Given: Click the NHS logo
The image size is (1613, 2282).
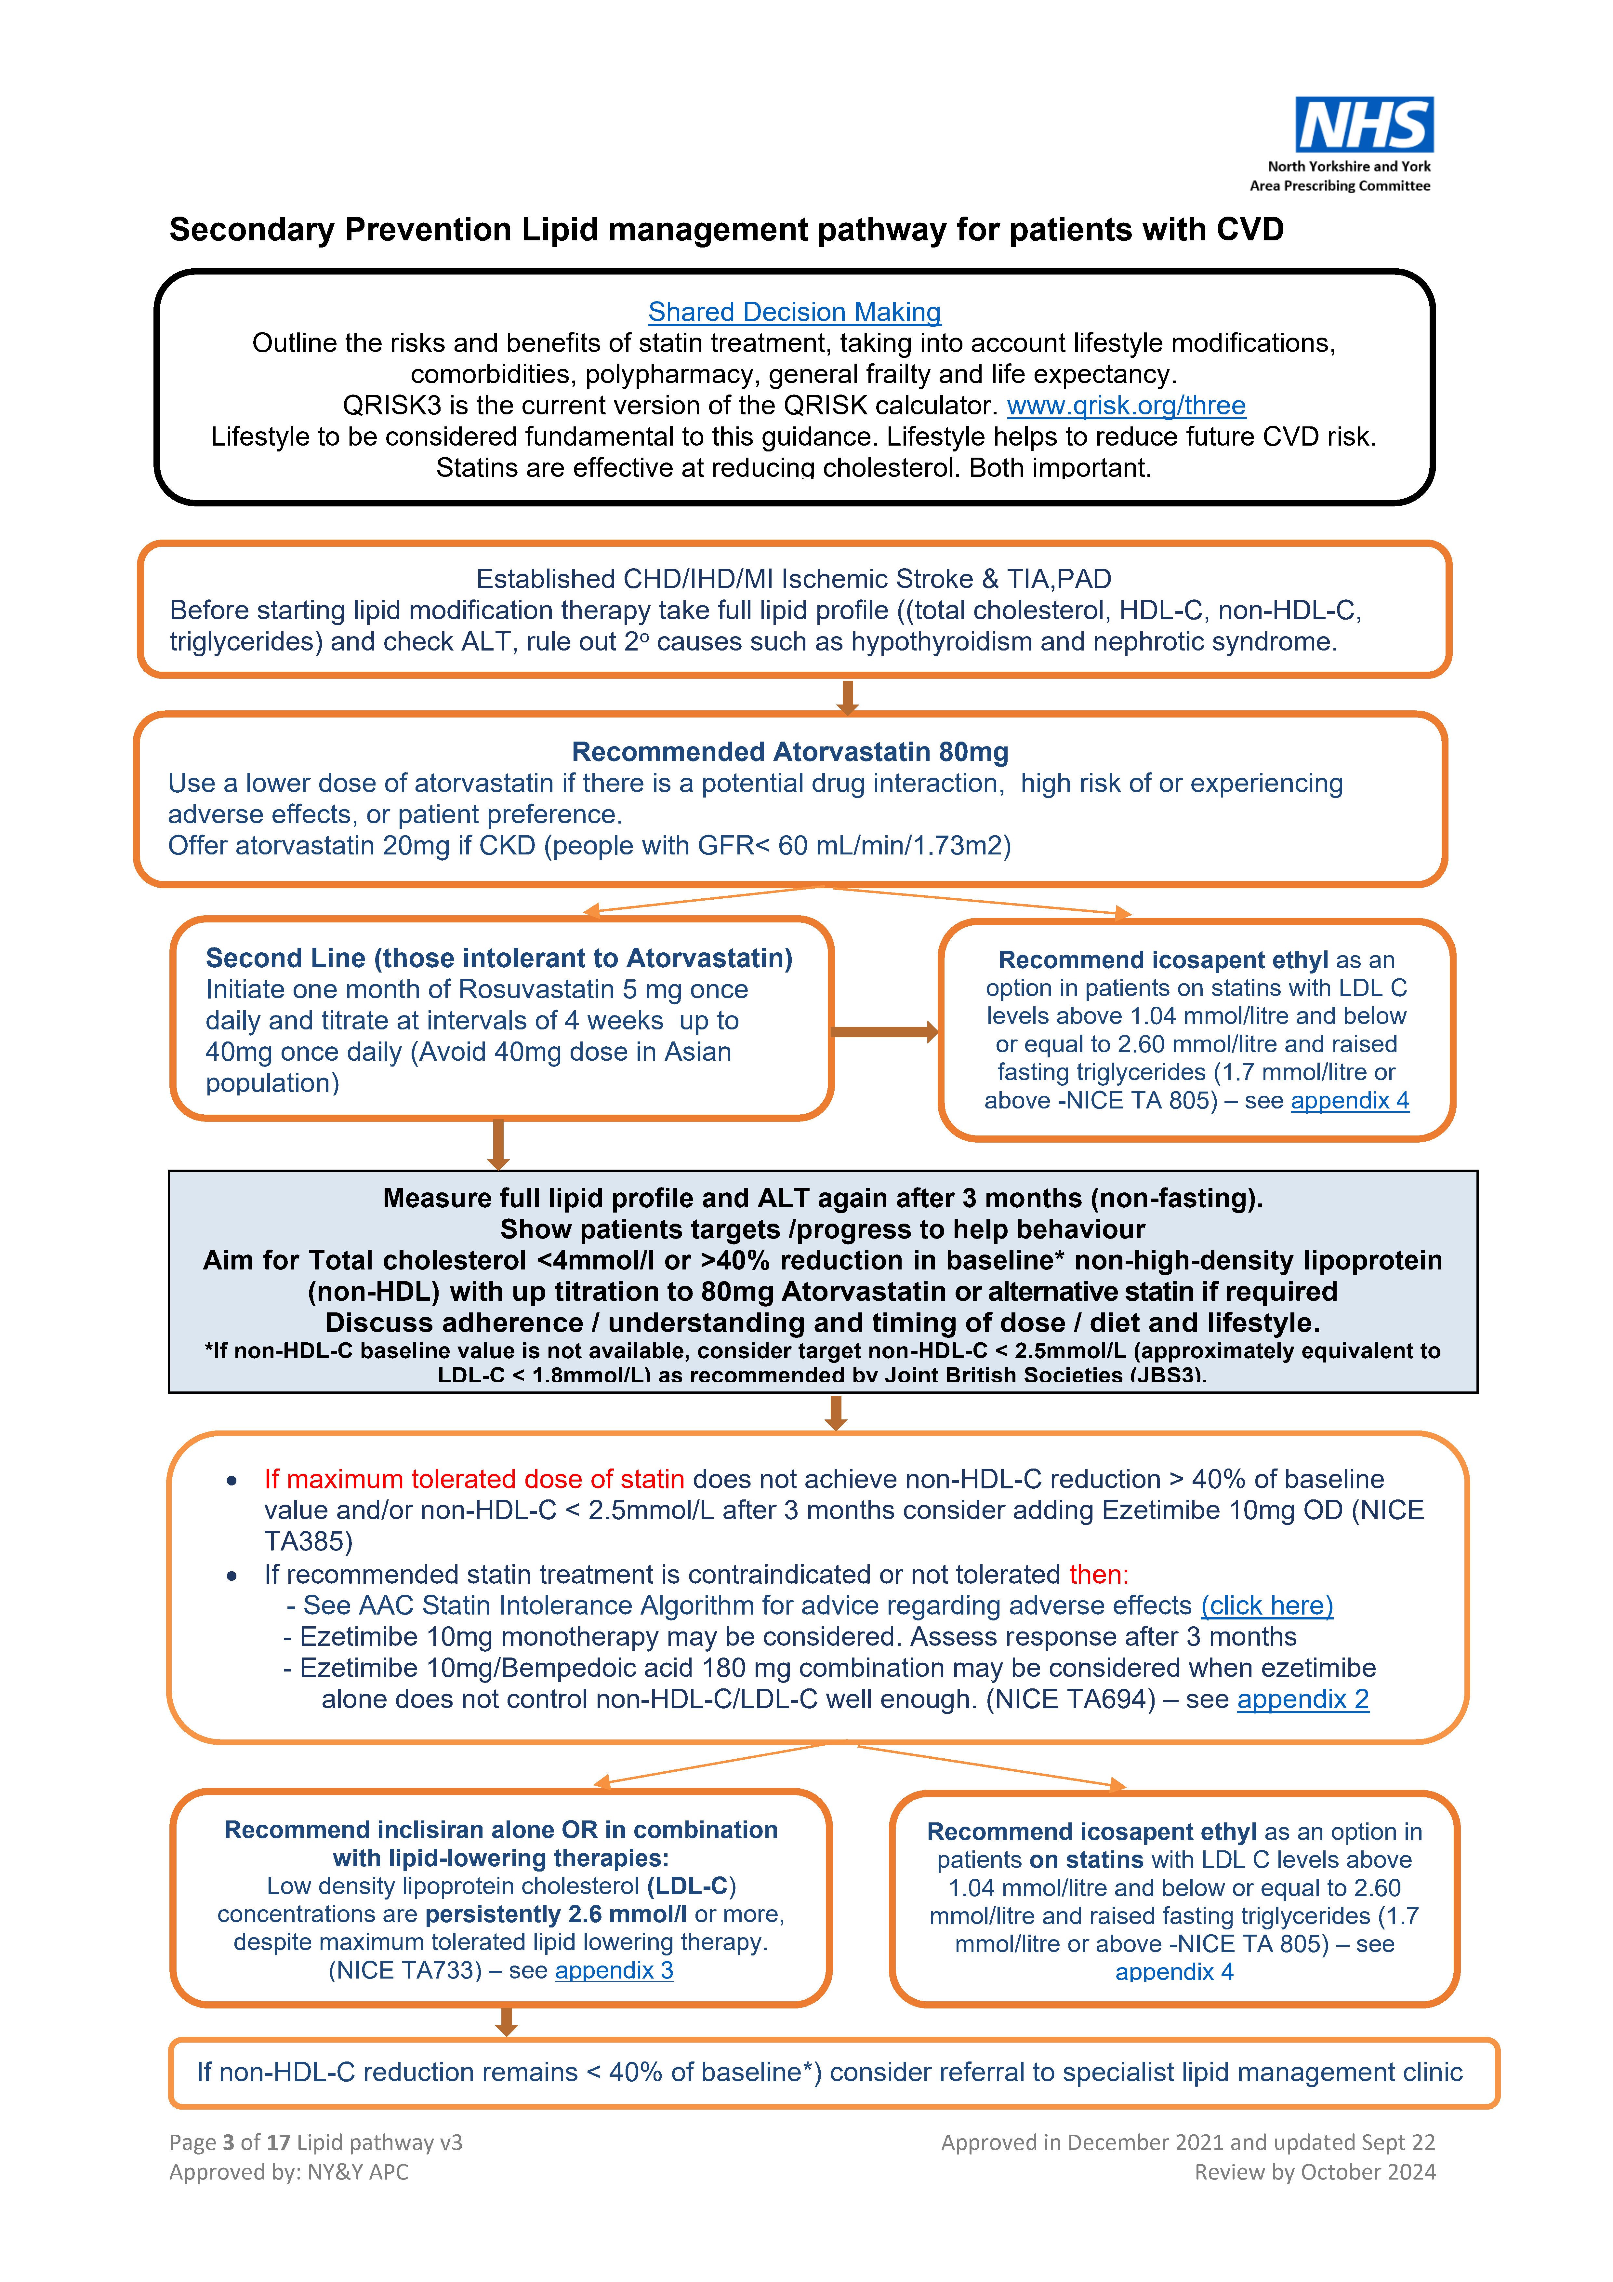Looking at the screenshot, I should (x=1364, y=125).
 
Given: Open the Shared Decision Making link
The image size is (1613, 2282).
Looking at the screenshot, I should (x=794, y=312).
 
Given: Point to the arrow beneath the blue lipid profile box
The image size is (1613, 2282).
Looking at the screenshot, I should (x=836, y=1412).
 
